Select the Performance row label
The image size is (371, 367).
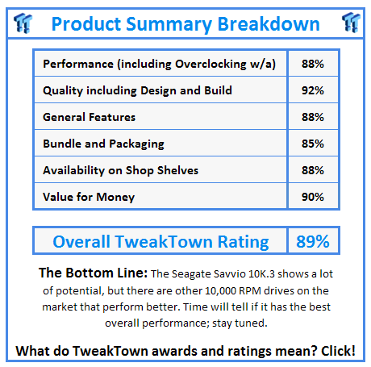pos(164,64)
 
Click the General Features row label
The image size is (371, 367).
pos(90,117)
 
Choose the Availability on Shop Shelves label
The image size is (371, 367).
pos(121,170)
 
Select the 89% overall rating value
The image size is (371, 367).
pos(311,241)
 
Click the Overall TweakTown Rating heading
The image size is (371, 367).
pos(160,241)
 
